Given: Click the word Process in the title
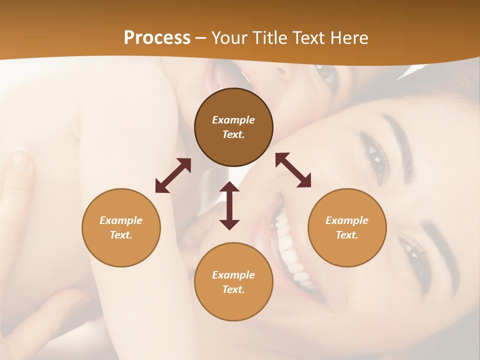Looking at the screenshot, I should (x=157, y=38).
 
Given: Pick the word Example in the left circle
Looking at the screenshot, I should (x=121, y=220).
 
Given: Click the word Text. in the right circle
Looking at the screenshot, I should (x=347, y=235).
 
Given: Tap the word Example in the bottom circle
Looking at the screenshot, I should (x=233, y=275).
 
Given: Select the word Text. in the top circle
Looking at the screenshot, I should (x=233, y=134).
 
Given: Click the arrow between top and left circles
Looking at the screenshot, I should (x=173, y=175).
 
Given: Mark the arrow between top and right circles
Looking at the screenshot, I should (x=293, y=170).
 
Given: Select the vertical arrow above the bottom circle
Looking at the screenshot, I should (x=229, y=205).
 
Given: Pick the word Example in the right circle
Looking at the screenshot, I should (x=347, y=220).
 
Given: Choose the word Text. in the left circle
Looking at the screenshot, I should (x=121, y=235).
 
